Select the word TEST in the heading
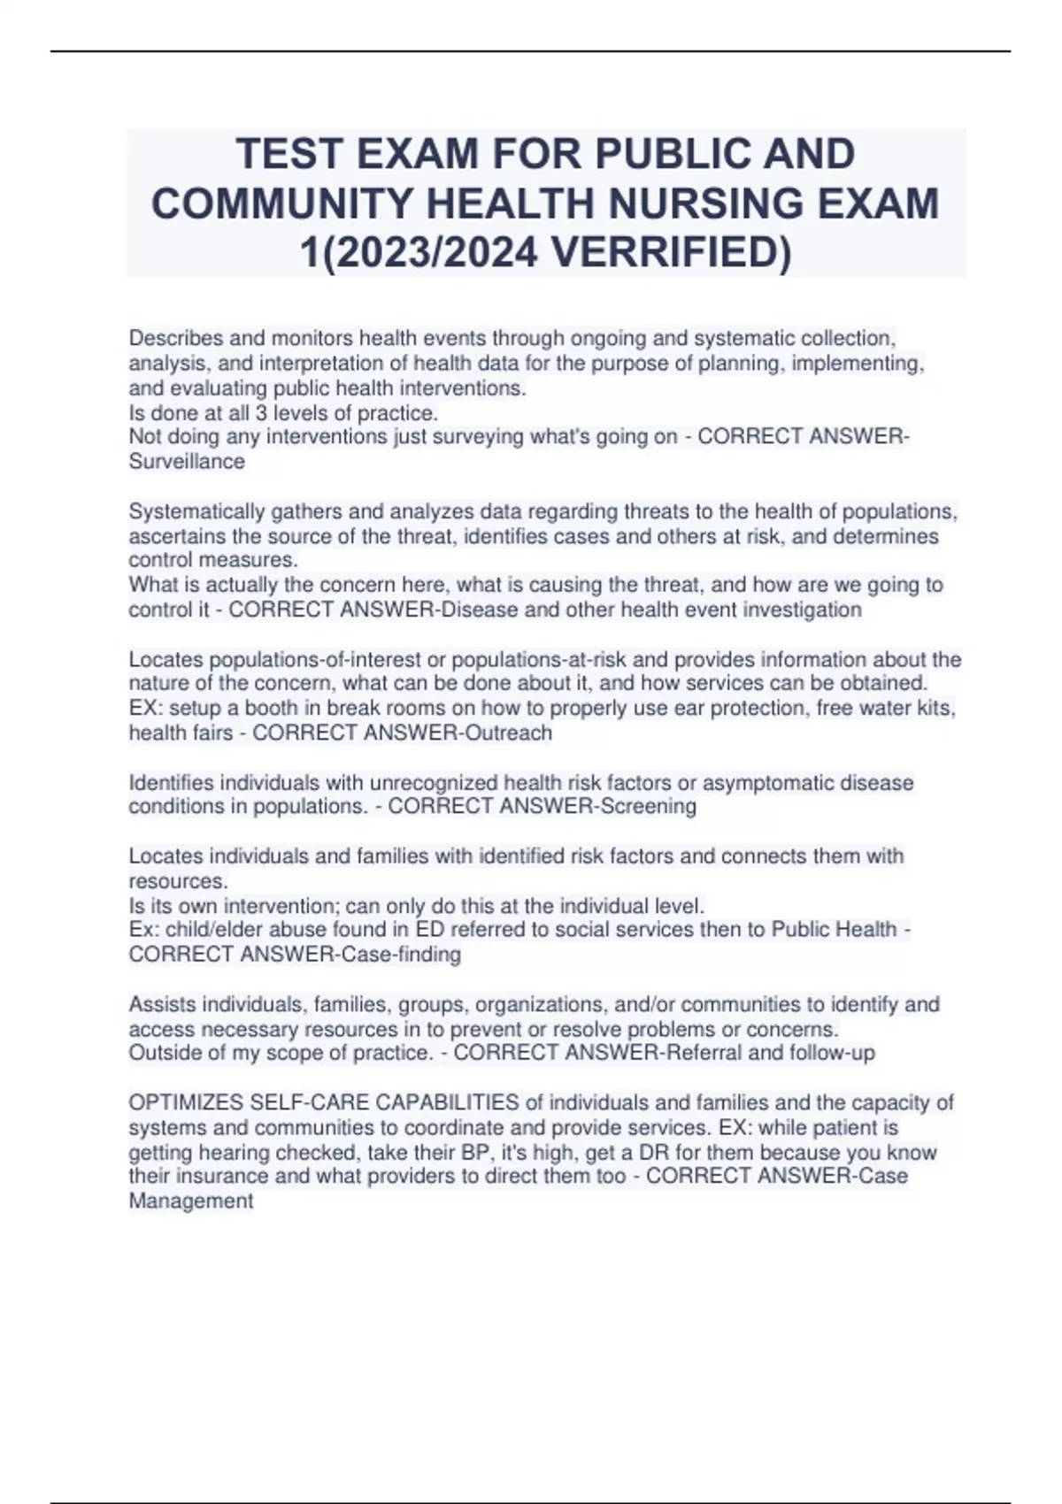pos(289,155)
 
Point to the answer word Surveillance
pos(187,462)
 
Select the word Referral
pos(704,1054)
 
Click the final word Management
pos(191,1201)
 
